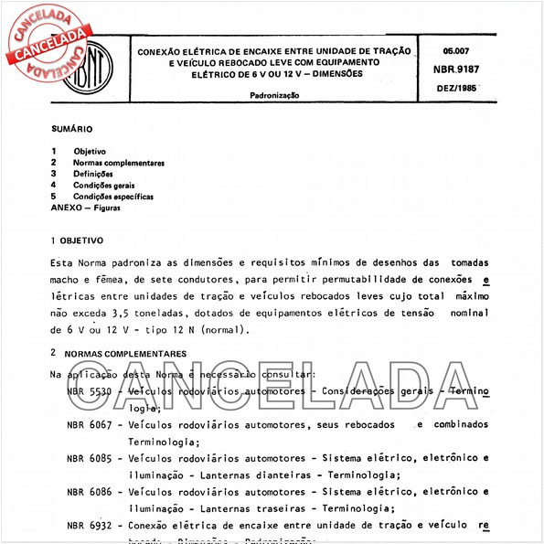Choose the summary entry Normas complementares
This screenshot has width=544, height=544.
[119, 162]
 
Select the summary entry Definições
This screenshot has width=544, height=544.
[93, 174]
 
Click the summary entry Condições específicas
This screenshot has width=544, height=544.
[113, 197]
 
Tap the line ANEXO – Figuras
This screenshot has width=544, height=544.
[85, 208]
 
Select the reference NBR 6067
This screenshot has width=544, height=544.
[89, 424]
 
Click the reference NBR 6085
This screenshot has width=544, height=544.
[89, 457]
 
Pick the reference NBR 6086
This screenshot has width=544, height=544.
[89, 491]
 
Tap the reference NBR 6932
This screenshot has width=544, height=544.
[89, 525]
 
